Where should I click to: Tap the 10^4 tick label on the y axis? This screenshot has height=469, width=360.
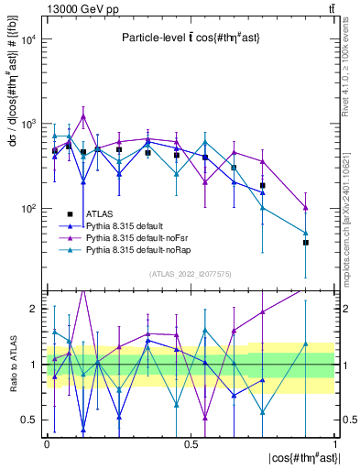click(x=28, y=39)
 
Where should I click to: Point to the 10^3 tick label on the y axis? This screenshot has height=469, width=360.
click(x=28, y=124)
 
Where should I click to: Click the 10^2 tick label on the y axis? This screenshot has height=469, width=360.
click(x=28, y=209)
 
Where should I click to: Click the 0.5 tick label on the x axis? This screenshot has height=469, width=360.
click(x=191, y=443)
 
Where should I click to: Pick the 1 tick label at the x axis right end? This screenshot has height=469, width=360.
click(x=334, y=443)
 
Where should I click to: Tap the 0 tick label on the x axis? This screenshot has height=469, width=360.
click(x=46, y=443)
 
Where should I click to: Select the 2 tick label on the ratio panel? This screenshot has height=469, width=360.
click(x=34, y=309)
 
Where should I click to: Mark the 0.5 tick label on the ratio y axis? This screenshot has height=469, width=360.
click(x=30, y=420)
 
